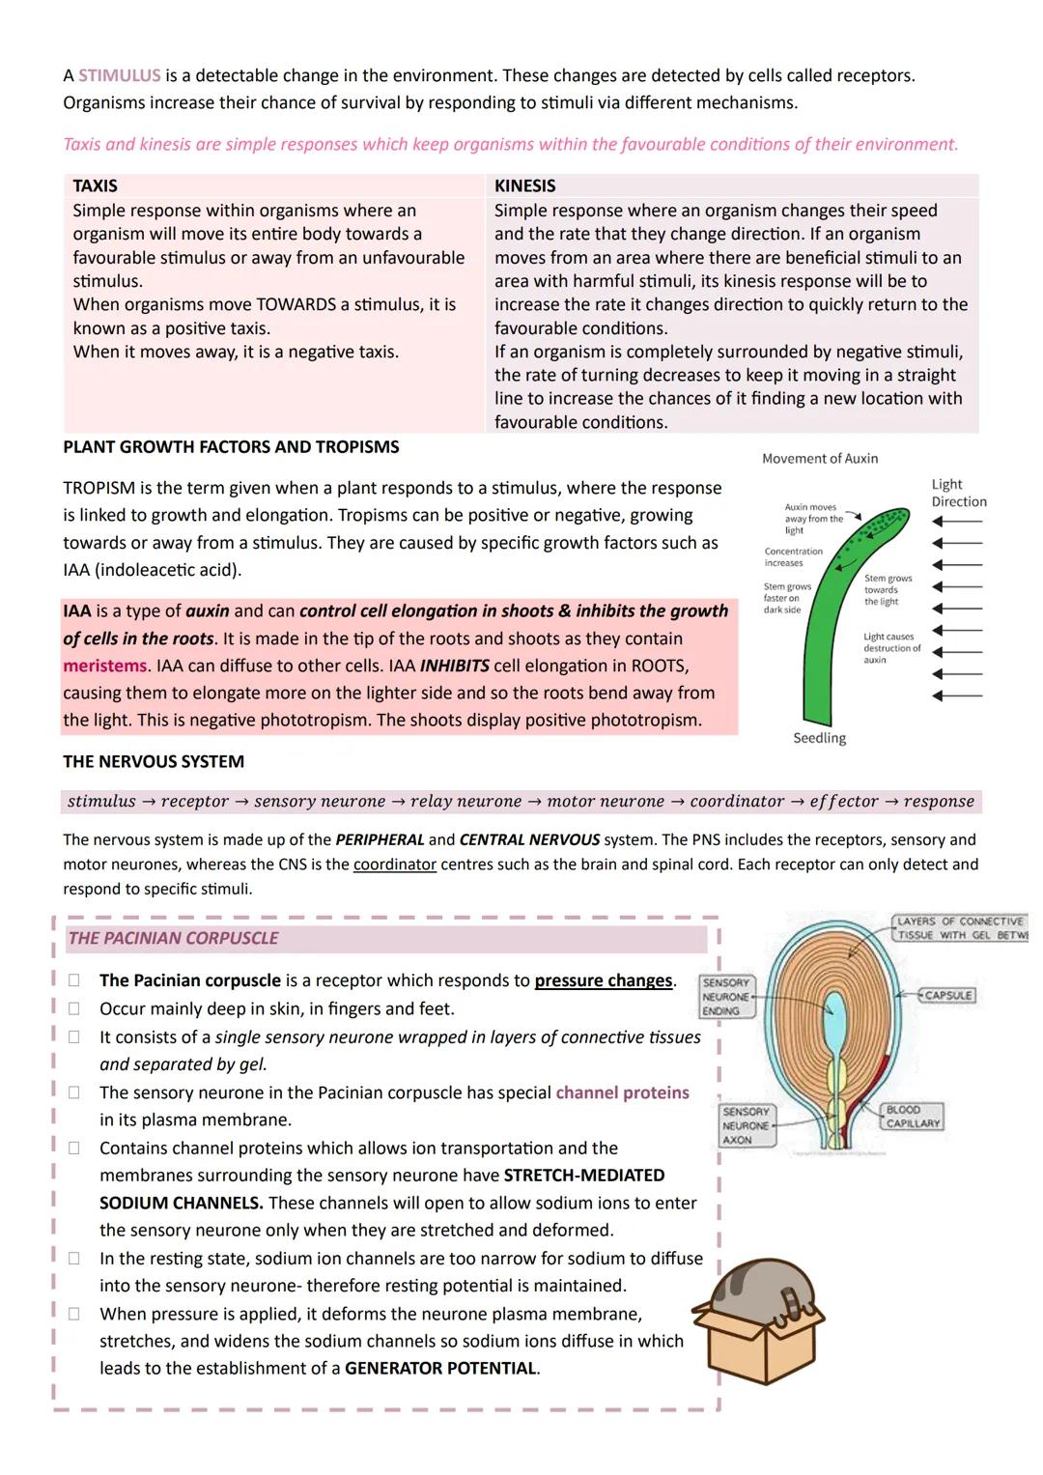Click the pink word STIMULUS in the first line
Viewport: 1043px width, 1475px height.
click(x=119, y=75)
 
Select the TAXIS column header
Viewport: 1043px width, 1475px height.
click(x=95, y=185)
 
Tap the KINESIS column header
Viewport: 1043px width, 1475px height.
click(x=524, y=185)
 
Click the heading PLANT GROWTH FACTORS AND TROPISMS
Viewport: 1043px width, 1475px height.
click(x=231, y=447)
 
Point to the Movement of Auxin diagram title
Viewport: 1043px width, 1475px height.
click(x=820, y=459)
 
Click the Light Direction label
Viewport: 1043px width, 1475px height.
click(x=958, y=493)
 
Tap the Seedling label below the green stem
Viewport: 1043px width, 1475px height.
click(x=819, y=738)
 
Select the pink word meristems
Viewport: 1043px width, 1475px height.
click(x=104, y=667)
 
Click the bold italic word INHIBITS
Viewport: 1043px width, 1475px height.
click(x=454, y=667)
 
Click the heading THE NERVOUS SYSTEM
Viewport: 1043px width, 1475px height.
click(x=154, y=762)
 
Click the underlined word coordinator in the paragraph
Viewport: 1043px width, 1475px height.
click(x=394, y=865)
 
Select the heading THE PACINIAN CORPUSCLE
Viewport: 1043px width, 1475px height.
click(x=173, y=939)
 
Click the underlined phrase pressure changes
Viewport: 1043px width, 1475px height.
click(x=604, y=980)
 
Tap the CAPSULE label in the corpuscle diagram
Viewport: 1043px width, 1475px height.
click(x=946, y=995)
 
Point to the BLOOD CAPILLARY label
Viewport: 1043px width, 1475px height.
click(x=912, y=1117)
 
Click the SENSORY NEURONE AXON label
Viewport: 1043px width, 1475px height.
click(x=746, y=1126)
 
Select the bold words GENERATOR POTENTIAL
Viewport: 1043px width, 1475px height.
click(x=440, y=1369)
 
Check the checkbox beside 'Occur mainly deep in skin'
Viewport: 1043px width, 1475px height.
click(x=73, y=1009)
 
